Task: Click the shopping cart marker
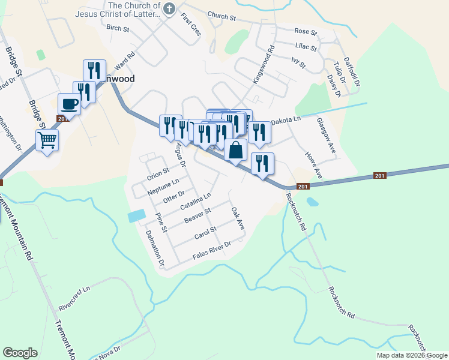tap(47, 140)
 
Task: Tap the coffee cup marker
tap(69, 103)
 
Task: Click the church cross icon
tap(169, 8)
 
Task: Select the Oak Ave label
tap(238, 219)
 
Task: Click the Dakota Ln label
tap(285, 121)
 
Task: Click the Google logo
tap(20, 353)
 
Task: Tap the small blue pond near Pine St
tap(137, 215)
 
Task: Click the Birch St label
tap(117, 28)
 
